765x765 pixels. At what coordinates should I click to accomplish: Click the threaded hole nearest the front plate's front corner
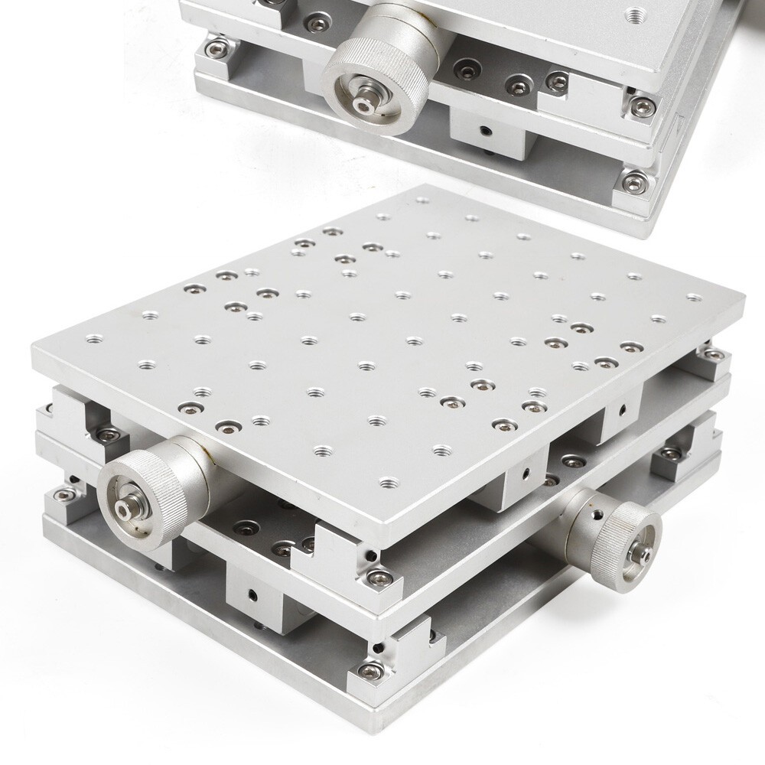click(389, 483)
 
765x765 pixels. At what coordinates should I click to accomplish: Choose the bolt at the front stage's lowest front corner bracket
click(369, 671)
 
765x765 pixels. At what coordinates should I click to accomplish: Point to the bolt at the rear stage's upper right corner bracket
click(640, 105)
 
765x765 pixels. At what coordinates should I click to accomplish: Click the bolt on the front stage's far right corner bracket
click(712, 354)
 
